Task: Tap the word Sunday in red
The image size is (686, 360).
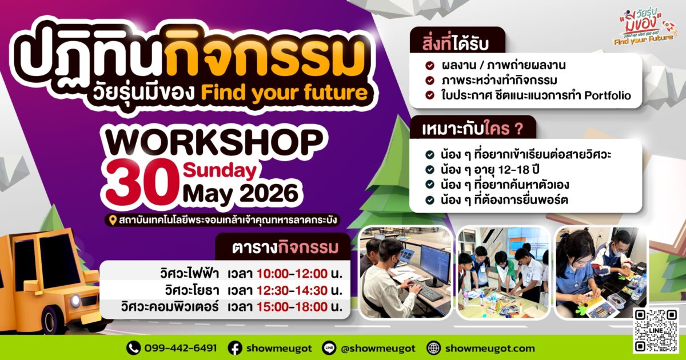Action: point(220,171)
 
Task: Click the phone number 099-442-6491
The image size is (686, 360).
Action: point(181,348)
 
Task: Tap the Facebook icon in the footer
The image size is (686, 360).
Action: point(235,348)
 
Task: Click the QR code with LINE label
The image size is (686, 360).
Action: point(656,331)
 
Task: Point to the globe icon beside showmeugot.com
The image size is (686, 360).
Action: point(433,348)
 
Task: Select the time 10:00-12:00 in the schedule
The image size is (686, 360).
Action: point(292,273)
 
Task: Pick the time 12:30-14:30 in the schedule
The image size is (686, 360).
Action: point(292,290)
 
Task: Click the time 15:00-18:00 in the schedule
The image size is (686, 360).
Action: point(292,307)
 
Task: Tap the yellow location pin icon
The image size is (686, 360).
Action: point(113,220)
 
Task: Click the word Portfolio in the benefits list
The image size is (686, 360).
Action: point(608,95)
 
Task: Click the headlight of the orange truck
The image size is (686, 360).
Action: point(75,301)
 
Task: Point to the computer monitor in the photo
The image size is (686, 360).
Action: point(435,264)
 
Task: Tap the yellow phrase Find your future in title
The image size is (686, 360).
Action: point(284,93)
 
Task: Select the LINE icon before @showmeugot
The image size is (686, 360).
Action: point(329,348)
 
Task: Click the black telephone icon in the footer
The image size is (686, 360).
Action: point(134,348)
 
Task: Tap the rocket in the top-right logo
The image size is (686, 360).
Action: point(669,27)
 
